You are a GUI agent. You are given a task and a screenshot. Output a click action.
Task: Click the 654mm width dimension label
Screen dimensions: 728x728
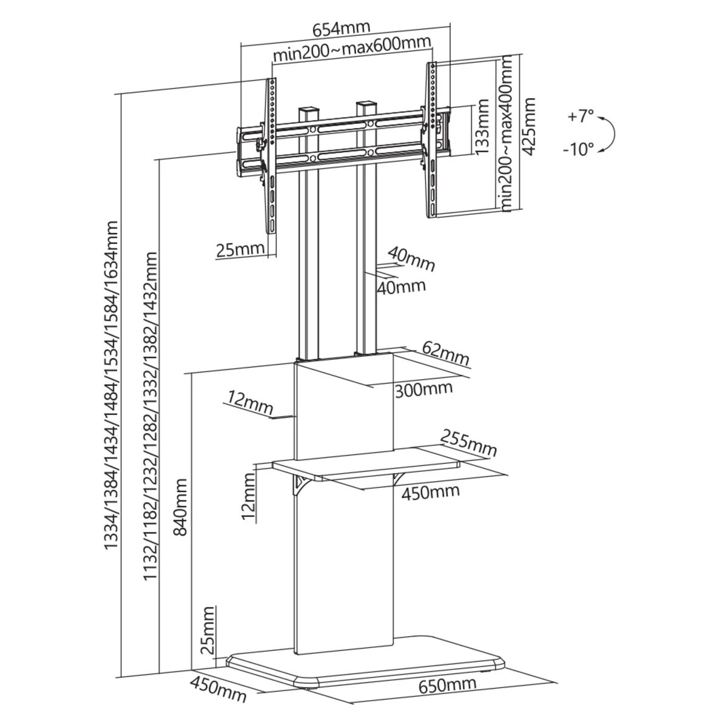340,30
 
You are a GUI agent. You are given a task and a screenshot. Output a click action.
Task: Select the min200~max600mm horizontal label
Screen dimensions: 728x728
351,53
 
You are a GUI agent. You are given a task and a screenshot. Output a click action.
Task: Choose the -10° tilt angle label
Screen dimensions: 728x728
578,149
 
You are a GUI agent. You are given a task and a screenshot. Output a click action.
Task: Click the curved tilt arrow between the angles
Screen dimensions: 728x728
611,133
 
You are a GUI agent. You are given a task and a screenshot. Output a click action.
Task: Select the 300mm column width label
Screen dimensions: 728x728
423,388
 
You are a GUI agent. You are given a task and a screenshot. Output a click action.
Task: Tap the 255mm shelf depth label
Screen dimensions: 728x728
469,442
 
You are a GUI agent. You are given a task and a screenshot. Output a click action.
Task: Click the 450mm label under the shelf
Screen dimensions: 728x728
430,491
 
